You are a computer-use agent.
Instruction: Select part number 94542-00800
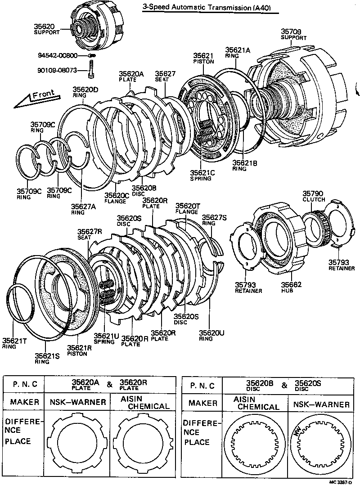57,55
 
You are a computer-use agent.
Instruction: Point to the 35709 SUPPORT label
294,34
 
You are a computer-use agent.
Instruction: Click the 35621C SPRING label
202,175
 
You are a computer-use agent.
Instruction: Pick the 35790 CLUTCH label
314,196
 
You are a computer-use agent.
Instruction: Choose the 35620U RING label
211,335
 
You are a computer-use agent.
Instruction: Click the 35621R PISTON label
80,350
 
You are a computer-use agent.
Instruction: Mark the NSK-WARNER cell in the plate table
77,402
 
